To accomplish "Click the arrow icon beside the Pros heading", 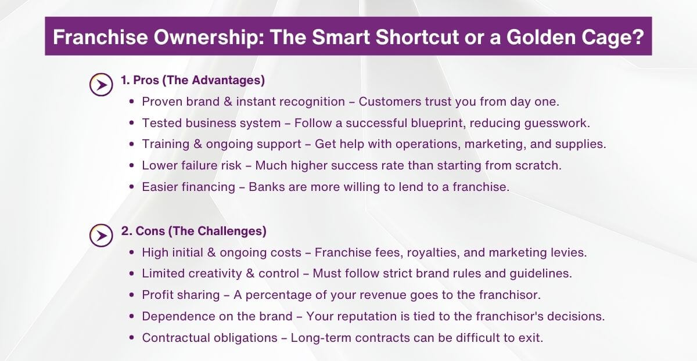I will [x=101, y=85].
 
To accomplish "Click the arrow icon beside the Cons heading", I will [x=101, y=236].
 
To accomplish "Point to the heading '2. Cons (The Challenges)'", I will [x=194, y=231].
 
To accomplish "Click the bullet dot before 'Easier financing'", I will [x=132, y=187].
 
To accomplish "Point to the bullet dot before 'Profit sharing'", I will [x=132, y=295].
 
